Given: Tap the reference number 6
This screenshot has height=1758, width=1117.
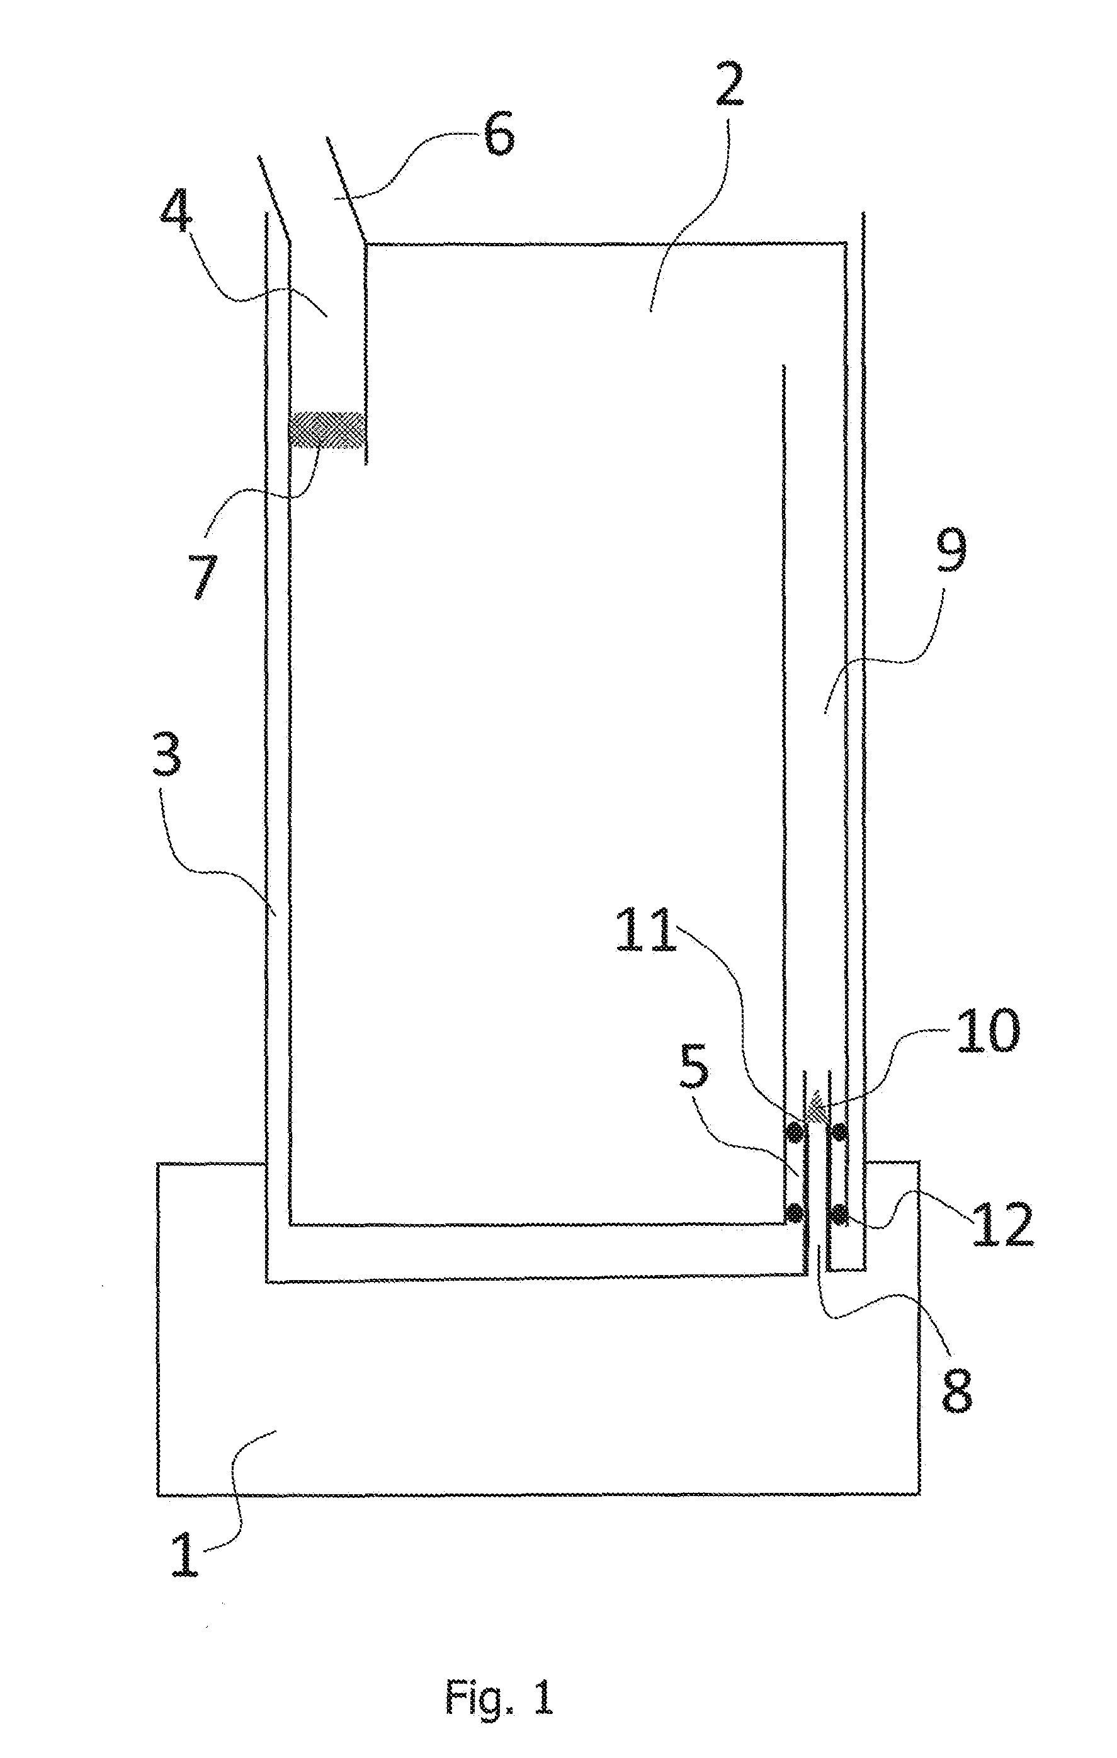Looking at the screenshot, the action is (x=499, y=133).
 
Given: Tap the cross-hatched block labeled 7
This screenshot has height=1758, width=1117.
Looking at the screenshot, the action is (x=326, y=430).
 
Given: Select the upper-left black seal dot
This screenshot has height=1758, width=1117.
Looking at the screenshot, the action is (x=795, y=1132).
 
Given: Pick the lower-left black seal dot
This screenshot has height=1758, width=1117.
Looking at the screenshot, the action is (x=795, y=1213).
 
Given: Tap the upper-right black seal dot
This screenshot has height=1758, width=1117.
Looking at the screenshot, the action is (x=839, y=1132).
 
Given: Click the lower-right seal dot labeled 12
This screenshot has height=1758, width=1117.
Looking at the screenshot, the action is (x=839, y=1214).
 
